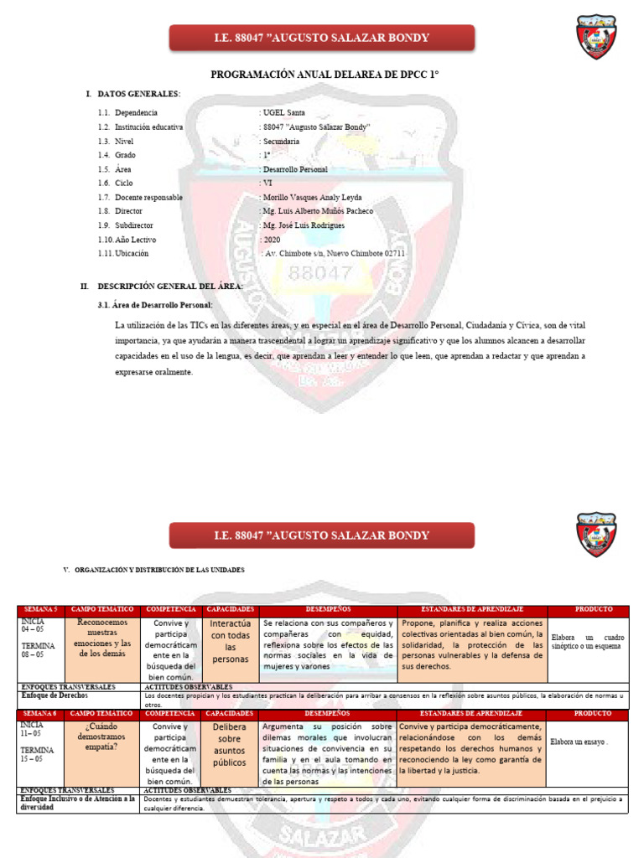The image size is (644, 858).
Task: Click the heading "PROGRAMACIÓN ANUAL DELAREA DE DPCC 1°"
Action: (325, 75)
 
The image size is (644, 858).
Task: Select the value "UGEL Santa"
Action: (285, 112)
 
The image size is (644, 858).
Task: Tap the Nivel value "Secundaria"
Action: (281, 141)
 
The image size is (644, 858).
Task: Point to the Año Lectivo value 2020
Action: (272, 240)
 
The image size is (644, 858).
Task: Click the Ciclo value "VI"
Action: (267, 183)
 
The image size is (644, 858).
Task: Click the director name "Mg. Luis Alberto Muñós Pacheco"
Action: (319, 211)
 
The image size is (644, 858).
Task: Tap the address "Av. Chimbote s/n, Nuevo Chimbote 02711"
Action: (335, 253)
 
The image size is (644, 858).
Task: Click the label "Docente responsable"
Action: (148, 197)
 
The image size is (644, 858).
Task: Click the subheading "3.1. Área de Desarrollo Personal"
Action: (155, 305)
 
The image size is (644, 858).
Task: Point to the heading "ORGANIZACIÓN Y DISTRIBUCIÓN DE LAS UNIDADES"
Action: (159, 570)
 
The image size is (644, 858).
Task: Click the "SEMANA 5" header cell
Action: (39, 609)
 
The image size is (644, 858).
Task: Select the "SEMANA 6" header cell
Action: (39, 712)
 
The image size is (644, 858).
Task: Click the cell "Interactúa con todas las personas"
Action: (230, 641)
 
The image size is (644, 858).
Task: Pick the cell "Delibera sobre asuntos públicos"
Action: (230, 745)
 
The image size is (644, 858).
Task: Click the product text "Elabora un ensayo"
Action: (579, 742)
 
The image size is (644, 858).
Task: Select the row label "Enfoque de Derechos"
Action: (55, 695)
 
